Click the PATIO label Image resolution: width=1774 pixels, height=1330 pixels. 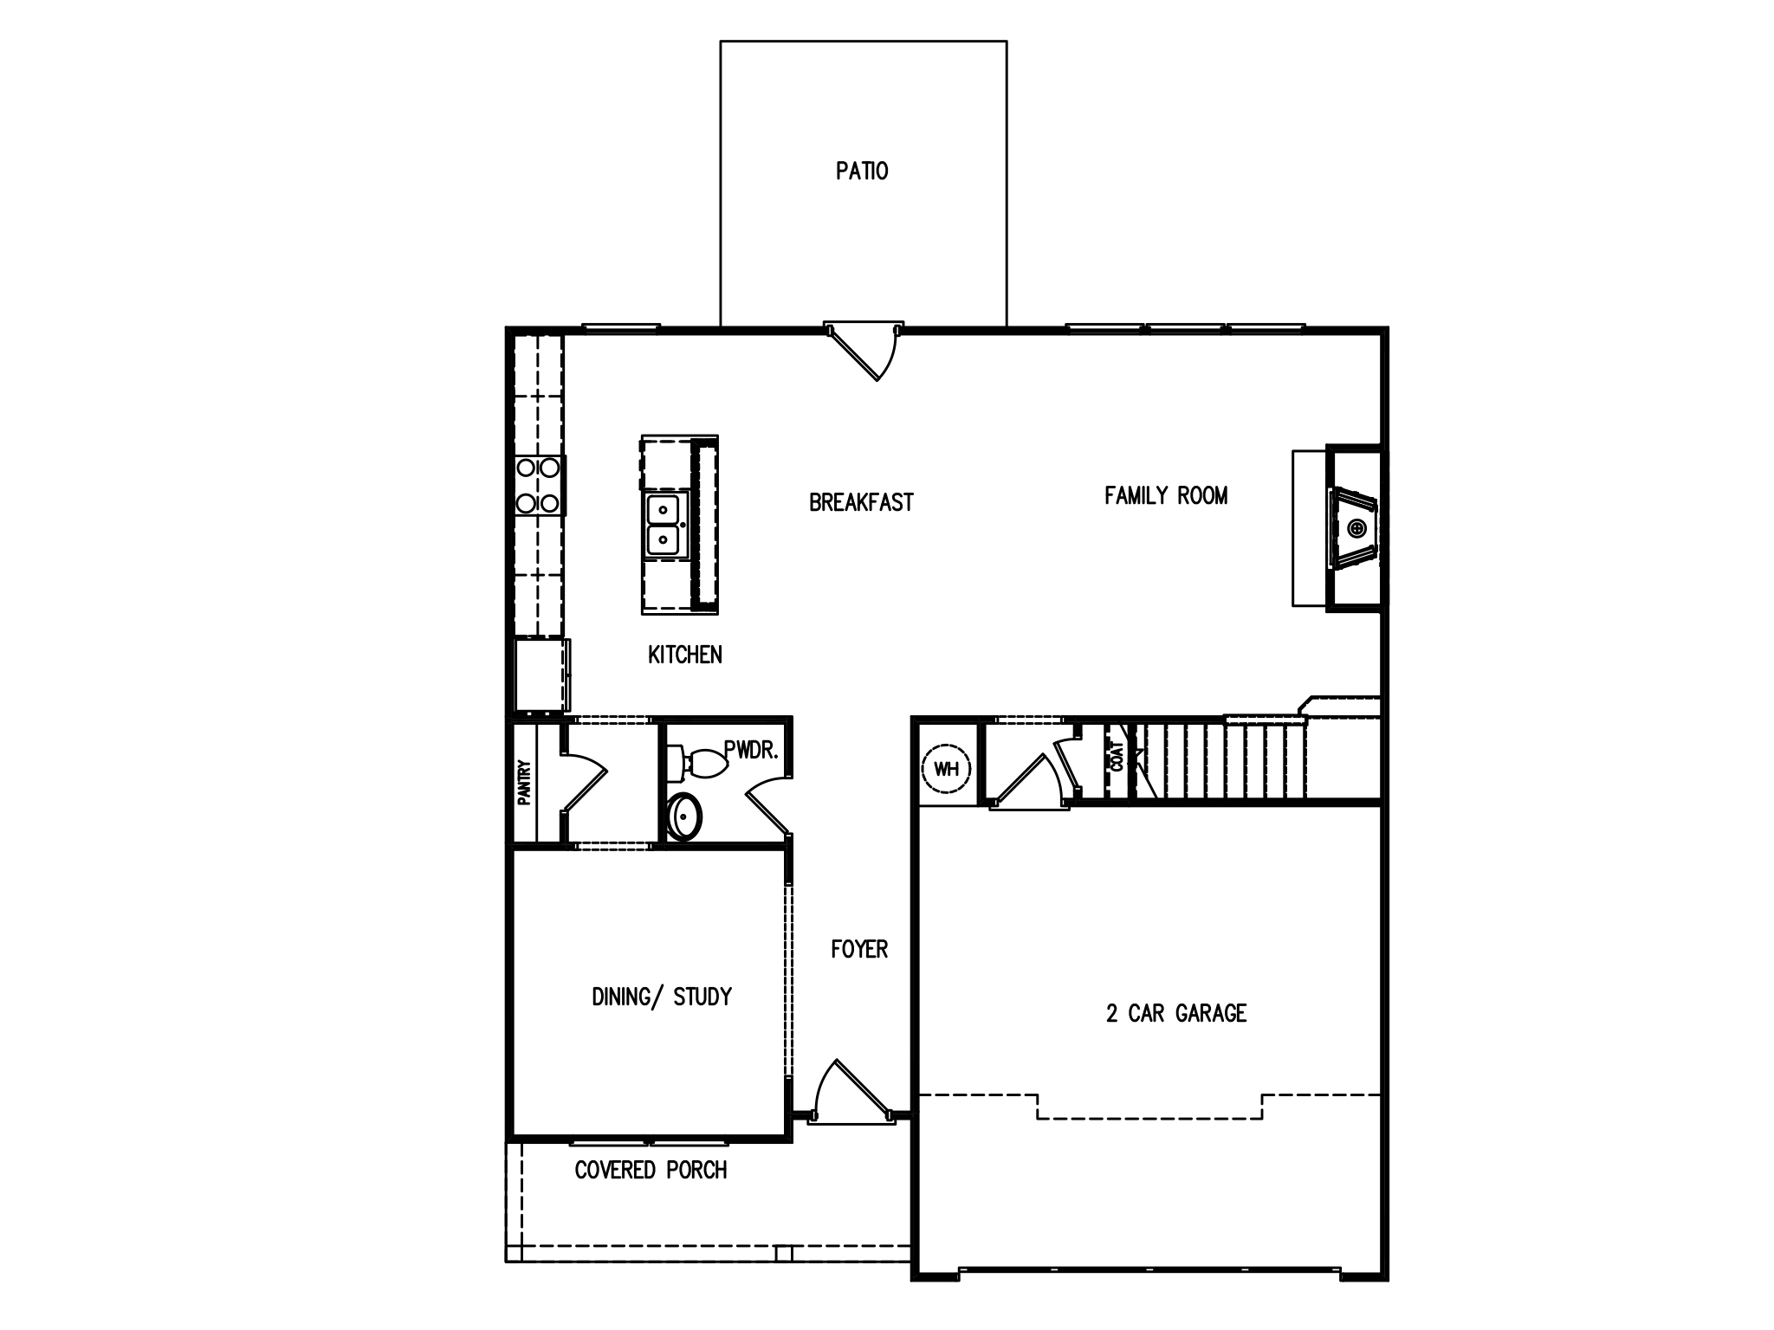[862, 171]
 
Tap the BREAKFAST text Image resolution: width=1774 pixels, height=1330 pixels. [861, 503]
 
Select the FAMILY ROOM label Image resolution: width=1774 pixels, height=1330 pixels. [1166, 495]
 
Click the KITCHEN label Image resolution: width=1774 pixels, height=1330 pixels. [684, 655]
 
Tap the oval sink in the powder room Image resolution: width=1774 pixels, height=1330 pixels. [685, 815]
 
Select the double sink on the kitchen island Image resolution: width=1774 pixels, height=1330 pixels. [664, 524]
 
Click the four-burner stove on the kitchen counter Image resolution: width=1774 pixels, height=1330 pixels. [538, 486]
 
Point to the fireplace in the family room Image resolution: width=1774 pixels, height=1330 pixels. [1353, 527]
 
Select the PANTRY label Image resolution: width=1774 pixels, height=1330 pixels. [524, 783]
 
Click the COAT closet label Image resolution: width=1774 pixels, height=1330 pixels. [1117, 757]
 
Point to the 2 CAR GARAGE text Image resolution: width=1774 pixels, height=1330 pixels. [1175, 1013]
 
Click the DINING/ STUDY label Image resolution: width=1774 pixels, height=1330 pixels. [662, 997]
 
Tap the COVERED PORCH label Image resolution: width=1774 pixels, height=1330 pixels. [651, 1171]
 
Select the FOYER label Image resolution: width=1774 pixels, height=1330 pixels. [859, 949]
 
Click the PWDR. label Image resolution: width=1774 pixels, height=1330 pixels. [751, 750]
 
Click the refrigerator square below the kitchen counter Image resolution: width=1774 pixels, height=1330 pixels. [540, 675]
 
